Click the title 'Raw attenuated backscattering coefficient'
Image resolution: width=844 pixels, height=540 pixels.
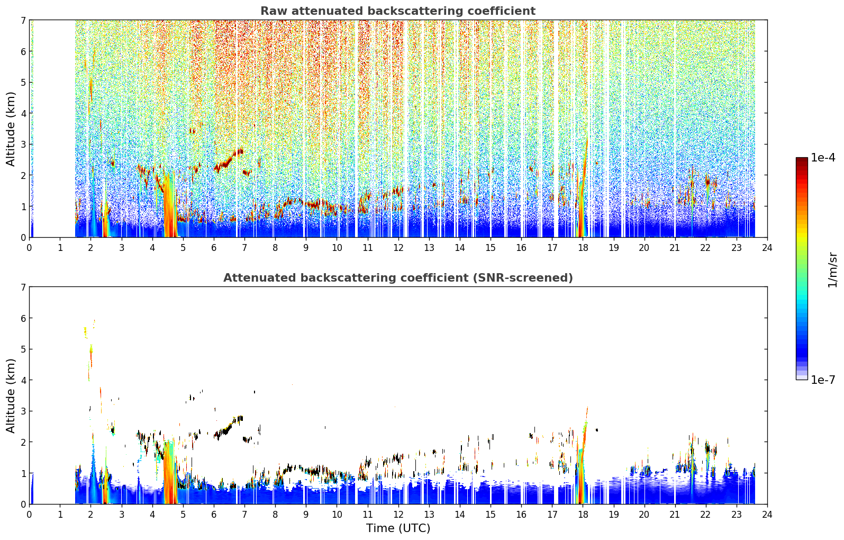coord(398,11)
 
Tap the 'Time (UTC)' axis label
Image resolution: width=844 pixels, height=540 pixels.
coord(398,528)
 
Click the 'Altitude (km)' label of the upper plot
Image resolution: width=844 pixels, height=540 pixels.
coord(11,129)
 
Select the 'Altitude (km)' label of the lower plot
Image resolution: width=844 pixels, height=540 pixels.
coord(11,395)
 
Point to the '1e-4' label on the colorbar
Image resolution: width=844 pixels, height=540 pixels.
coord(823,158)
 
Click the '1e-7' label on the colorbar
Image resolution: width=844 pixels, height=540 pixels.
coord(823,380)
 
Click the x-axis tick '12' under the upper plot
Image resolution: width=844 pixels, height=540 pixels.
coord(398,248)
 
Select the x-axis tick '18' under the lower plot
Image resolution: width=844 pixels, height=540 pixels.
coord(583,515)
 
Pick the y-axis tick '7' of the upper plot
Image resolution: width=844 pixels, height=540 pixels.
coord(23,20)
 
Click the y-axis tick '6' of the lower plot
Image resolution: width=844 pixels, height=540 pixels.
coord(23,318)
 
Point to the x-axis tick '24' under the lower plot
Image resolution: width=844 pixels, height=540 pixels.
coord(767,515)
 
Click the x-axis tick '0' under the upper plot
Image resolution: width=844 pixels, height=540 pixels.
coord(30,248)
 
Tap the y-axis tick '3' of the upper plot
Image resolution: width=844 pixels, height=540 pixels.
coord(23,145)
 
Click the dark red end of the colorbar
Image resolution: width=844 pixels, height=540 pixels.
coord(802,160)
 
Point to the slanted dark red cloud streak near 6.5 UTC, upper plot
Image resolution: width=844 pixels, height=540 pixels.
coord(229,160)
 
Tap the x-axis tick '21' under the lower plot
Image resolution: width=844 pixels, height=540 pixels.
coord(675,515)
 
